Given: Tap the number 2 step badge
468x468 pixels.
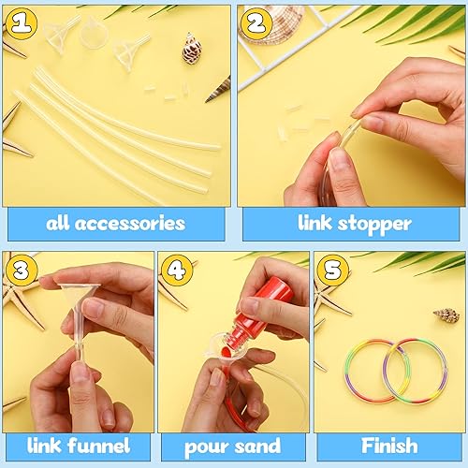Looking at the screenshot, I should click(255, 23).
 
